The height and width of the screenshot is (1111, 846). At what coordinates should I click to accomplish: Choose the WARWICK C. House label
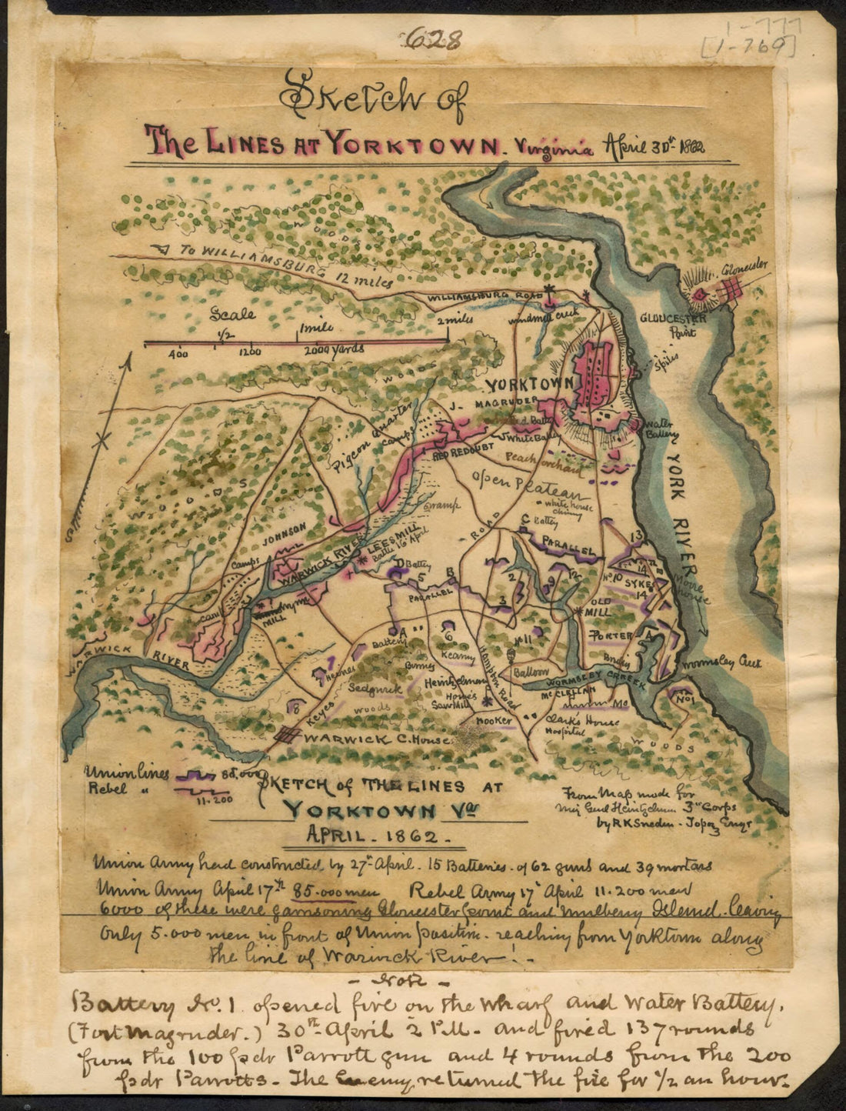(355, 737)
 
